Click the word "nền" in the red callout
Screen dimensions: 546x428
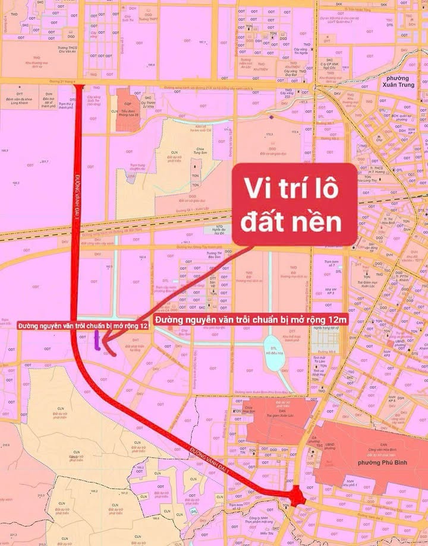(x=323, y=223)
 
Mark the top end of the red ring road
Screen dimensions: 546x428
(x=77, y=87)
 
